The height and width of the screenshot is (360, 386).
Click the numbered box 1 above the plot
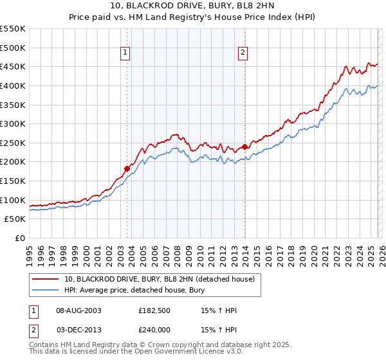click(125, 53)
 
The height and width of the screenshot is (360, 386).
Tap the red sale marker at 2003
click(127, 168)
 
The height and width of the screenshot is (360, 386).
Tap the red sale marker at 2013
click(245, 147)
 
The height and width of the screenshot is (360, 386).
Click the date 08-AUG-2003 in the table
click(80, 310)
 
